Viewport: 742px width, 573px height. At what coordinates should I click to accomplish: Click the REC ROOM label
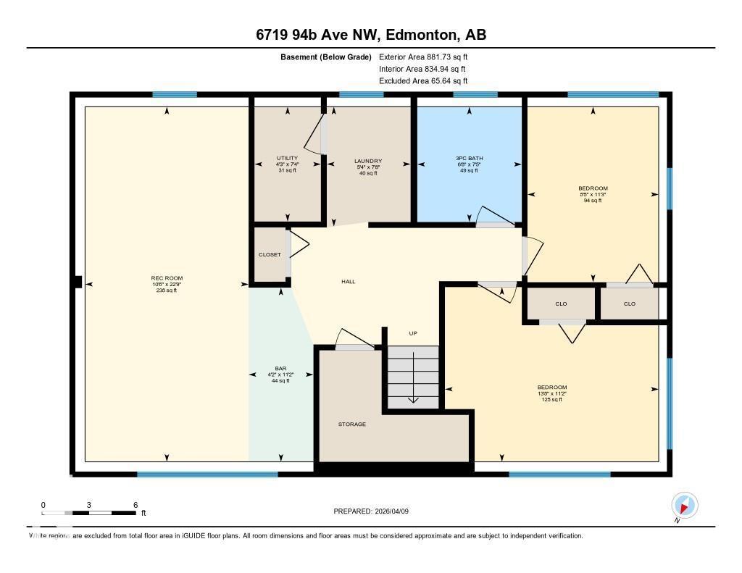pos(167,278)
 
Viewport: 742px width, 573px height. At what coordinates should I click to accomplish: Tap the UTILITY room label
pos(287,158)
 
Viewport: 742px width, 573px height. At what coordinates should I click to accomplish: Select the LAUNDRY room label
pos(368,161)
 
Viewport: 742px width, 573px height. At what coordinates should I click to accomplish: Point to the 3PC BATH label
pos(470,158)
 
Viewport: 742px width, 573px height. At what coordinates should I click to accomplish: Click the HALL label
pos(349,281)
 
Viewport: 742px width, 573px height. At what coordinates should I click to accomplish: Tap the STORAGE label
pos(352,424)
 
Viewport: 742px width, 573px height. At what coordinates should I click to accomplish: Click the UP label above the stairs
pos(413,333)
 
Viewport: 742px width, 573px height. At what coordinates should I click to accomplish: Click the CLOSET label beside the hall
pos(270,255)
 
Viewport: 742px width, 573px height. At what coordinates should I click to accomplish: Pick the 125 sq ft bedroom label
pos(552,388)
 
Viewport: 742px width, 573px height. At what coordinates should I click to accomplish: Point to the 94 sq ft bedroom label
pos(593,188)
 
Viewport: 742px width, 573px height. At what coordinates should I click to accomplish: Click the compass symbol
pos(684,505)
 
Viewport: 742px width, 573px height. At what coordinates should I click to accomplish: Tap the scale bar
pos(89,513)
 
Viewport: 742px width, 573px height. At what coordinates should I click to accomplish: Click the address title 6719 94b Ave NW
pos(371,35)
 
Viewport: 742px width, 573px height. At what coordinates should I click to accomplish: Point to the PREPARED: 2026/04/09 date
pos(371,511)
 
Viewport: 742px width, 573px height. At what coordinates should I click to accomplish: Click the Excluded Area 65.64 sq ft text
pos(423,81)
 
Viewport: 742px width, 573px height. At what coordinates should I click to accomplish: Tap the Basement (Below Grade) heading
pos(325,57)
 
